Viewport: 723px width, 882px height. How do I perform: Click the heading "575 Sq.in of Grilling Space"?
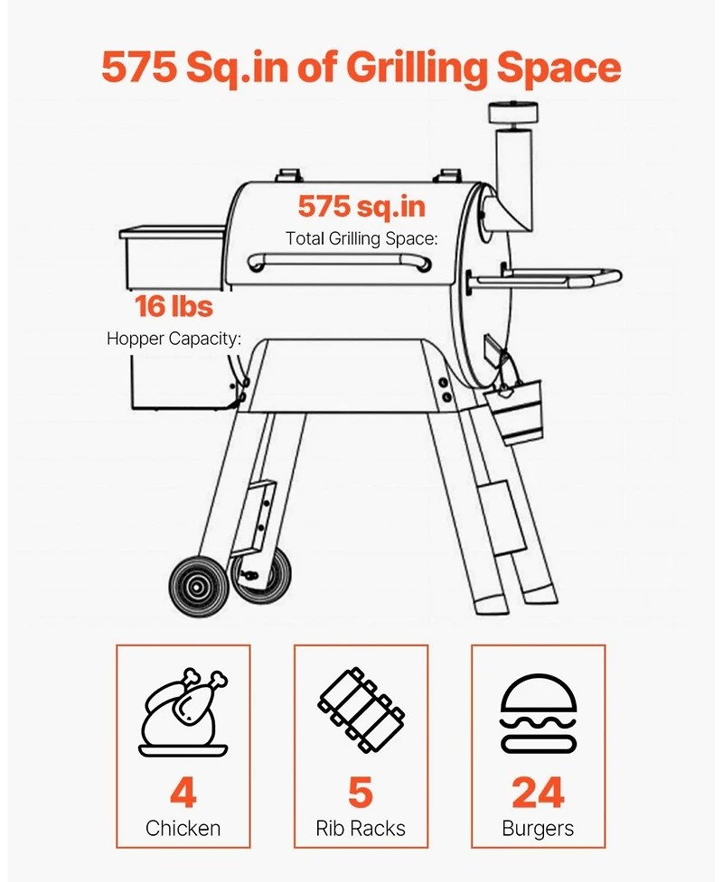coord(361,68)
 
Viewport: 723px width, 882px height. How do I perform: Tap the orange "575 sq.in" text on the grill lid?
coord(361,206)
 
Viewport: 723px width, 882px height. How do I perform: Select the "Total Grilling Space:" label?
coord(361,239)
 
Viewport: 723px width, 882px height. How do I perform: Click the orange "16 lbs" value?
coord(174,306)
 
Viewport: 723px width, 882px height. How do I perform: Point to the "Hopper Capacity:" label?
coord(174,339)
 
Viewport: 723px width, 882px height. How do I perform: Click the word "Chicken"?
coord(183,827)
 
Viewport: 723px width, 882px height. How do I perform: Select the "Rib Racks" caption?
coord(361,827)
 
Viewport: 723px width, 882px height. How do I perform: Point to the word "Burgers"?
coord(538,827)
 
